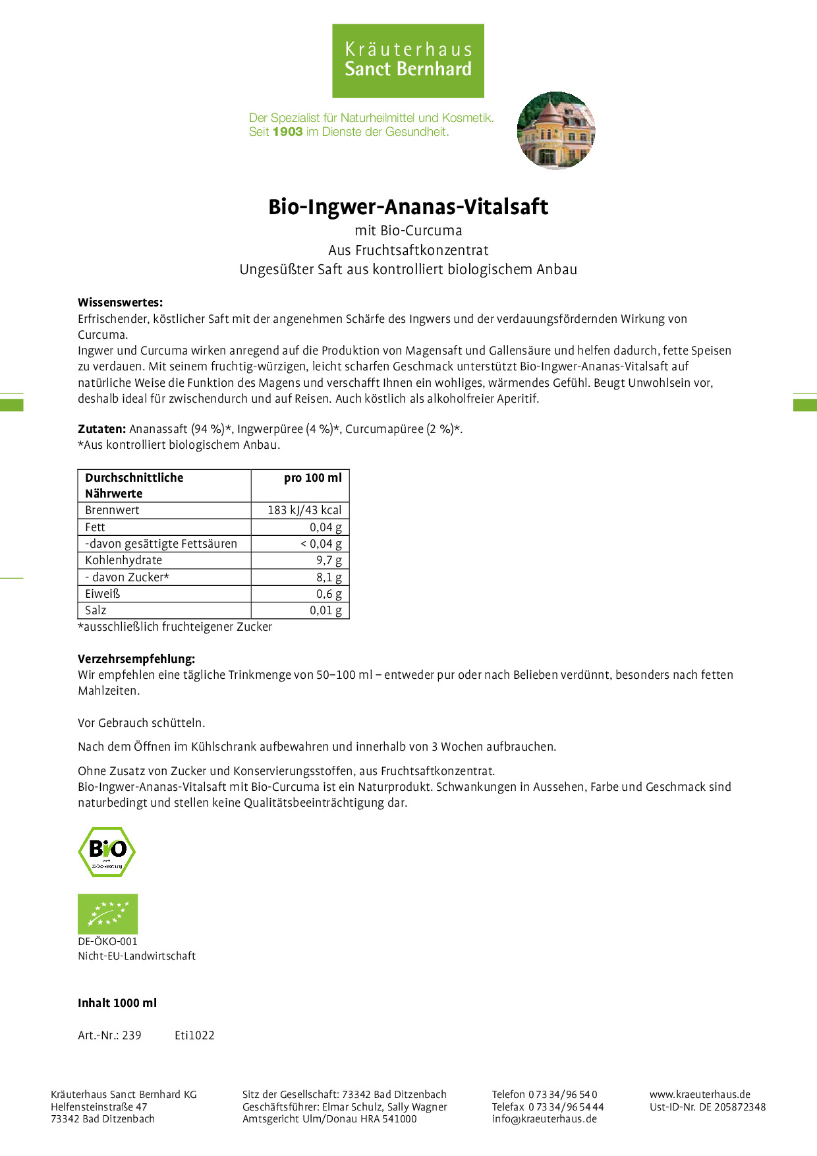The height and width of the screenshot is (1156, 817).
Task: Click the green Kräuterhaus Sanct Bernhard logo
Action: tap(408, 61)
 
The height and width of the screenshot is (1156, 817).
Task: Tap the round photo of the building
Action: tap(556, 130)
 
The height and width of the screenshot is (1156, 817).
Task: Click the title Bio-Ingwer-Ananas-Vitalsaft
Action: tap(408, 207)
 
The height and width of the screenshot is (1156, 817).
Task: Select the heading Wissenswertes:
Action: tap(120, 303)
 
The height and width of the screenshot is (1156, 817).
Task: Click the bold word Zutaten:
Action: tap(101, 429)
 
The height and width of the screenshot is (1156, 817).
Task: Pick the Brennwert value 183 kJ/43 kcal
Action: tap(304, 510)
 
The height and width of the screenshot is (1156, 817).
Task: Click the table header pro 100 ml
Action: tap(312, 478)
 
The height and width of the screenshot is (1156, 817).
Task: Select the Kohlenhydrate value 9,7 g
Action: tap(329, 560)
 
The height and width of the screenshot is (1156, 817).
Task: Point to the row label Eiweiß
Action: tap(103, 594)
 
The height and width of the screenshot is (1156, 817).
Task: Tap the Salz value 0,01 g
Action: tap(325, 610)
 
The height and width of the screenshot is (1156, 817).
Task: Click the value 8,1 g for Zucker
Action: tap(329, 577)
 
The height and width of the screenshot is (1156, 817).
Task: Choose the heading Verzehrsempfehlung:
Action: tap(136, 658)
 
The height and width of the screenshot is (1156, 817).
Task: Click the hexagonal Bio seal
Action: tap(107, 852)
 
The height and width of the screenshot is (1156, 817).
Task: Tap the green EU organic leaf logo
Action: tap(107, 913)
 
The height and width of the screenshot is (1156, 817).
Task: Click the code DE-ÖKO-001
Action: tap(107, 941)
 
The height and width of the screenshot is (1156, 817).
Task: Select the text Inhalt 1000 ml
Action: tap(117, 1003)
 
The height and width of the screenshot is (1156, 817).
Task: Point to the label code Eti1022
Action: tap(194, 1035)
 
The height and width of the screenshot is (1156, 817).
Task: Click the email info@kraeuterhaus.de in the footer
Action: tap(544, 1118)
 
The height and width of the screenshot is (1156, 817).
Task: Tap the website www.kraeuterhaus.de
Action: tap(700, 1094)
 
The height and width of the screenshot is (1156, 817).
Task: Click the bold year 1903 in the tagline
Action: tap(287, 132)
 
